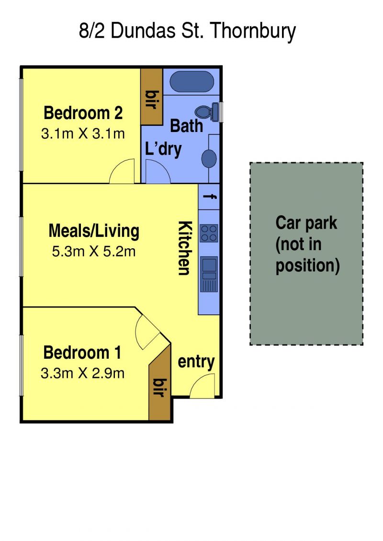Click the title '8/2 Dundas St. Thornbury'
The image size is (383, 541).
point(187,32)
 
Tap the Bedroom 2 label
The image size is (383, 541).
point(83,113)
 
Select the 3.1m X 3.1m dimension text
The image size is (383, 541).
point(83,133)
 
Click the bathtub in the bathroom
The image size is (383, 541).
point(192,82)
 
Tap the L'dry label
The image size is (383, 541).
point(163,149)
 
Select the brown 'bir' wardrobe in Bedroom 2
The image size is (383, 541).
point(152,97)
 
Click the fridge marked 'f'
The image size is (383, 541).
point(209,197)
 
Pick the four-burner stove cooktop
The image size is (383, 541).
point(209,233)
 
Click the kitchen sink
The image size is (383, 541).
point(209,274)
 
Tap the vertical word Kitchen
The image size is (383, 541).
point(184,248)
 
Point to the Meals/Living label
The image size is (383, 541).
point(93,231)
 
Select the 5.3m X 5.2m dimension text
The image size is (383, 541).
point(93,252)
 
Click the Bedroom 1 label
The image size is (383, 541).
point(82,353)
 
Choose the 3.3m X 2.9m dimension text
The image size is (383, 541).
point(82,373)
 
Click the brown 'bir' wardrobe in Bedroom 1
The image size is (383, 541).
point(160,384)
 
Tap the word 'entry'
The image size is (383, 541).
point(196,362)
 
